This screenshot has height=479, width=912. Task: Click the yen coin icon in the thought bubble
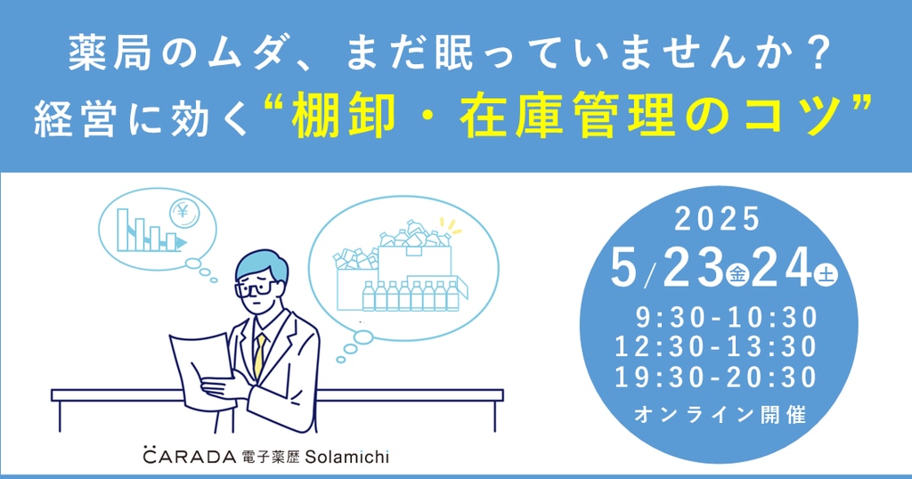click(x=184, y=213)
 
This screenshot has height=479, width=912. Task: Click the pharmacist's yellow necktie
click(x=259, y=354)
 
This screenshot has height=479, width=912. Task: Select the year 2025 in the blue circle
click(x=717, y=218)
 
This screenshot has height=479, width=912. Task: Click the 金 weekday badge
click(x=737, y=273)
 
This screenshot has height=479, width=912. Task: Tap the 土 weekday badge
click(x=826, y=274)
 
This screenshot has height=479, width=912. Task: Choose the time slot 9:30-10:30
click(x=727, y=317)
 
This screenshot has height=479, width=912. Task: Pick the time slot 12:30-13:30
click(x=716, y=347)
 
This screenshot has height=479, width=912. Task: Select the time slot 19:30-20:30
click(x=716, y=378)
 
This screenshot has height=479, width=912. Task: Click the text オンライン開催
click(x=720, y=415)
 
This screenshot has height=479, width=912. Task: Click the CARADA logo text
click(x=190, y=456)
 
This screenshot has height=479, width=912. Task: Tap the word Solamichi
click(x=347, y=457)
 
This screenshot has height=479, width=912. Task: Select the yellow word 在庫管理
click(x=567, y=117)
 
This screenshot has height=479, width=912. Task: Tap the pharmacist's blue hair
click(x=262, y=264)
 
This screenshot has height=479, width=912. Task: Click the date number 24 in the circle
click(x=781, y=268)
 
